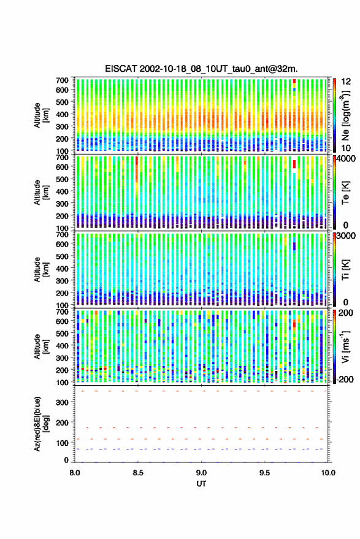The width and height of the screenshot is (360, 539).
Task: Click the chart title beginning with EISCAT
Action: point(201,69)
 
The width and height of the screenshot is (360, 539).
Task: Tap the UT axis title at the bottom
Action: point(201,484)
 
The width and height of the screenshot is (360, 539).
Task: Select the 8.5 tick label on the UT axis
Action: point(138,473)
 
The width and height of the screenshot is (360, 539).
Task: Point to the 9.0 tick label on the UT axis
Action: point(202,473)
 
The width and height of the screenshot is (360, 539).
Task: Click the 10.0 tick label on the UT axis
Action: point(327,473)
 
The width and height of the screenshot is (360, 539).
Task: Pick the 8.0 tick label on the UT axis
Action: point(75,473)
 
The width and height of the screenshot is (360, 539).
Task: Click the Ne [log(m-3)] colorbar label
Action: point(345,115)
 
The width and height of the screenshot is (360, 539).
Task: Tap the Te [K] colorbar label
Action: point(345,193)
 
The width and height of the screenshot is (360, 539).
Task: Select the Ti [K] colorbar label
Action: point(345,270)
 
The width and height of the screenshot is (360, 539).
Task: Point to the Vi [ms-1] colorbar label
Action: point(345,346)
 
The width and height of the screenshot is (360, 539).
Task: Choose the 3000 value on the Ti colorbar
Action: point(346,236)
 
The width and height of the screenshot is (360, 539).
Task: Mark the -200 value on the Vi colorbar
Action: point(345,379)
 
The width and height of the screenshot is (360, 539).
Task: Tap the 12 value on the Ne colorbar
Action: point(346,82)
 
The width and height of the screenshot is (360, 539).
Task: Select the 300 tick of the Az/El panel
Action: point(62,402)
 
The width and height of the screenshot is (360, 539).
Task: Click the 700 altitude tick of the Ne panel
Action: point(62,80)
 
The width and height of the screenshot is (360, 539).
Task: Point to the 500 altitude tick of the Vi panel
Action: point(62,333)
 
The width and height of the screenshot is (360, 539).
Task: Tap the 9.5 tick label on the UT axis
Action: point(264,473)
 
